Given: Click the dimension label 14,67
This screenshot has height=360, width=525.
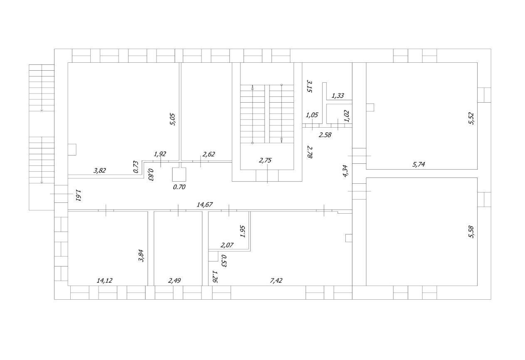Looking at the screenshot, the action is coord(205,205).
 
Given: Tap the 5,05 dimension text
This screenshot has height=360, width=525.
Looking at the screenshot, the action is coord(173,119).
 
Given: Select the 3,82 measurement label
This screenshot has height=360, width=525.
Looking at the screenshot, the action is coord(99,170).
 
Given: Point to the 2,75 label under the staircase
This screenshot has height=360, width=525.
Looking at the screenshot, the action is coord(265,160).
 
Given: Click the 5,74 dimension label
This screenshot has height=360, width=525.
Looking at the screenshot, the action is coord(419,164).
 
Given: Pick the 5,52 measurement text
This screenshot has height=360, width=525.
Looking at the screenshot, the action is coord(471,118).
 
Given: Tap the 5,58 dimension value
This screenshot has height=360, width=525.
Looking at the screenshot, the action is coord(471,232).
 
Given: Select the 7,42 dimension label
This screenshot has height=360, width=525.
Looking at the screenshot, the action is coord(276,280).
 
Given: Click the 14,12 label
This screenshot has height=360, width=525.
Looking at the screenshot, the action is coord(104,280).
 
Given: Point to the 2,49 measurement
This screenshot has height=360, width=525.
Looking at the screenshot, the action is coord(174,280).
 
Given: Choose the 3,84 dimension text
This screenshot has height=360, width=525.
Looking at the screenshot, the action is coord(141,256).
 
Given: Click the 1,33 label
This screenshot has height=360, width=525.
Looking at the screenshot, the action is coord(338,95).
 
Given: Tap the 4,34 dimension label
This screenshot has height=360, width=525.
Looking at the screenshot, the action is coord(346,171).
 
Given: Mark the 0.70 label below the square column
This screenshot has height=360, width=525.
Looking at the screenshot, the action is coord(179,187).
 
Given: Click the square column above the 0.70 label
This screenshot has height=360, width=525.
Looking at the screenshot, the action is coord(179,175).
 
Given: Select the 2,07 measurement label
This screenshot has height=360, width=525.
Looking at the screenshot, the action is coord(227,245).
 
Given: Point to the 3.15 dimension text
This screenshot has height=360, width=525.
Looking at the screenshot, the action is coord(310,86).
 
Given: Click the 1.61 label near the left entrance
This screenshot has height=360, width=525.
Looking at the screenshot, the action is coord(78,195).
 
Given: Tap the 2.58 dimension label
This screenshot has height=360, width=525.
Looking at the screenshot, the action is coord(325,135).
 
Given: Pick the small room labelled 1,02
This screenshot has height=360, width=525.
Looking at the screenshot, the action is coord(339,113).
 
